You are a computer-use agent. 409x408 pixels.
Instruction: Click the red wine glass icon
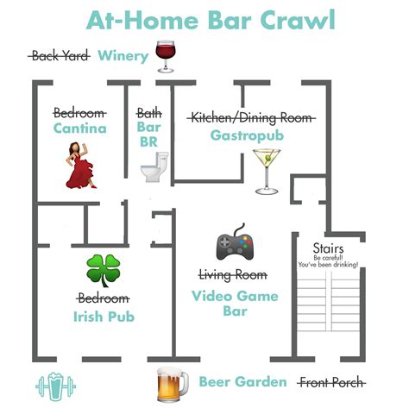166,56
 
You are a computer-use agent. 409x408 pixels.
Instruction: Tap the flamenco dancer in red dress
80,166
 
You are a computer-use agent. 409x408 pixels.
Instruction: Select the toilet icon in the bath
154,167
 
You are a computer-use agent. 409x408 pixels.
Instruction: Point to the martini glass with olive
267,172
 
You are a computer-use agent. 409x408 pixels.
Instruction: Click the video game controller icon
235,242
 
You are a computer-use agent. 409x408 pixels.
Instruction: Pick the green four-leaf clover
104,271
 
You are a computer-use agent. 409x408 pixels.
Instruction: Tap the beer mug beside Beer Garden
173,385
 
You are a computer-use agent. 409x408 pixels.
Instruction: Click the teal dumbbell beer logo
55,386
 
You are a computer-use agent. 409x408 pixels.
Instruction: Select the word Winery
123,56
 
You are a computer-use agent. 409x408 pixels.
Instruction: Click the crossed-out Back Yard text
60,56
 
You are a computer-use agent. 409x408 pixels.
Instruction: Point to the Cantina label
80,129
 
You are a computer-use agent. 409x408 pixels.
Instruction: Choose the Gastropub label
247,135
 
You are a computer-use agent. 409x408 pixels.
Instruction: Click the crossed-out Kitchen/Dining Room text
251,118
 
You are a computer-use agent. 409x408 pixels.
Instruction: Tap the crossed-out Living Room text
233,275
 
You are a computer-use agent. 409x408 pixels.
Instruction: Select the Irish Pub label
104,317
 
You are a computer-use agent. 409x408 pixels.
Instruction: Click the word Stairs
328,248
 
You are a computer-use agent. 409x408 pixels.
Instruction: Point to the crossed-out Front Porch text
331,383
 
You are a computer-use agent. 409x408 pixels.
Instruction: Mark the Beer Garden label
243,382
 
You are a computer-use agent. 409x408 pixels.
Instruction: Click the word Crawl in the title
298,20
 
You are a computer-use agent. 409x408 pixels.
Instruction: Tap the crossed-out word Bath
149,113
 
